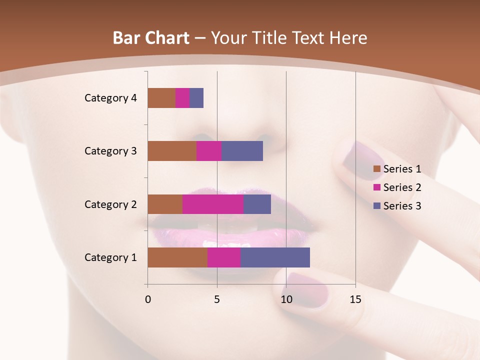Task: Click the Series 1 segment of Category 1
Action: (177, 257)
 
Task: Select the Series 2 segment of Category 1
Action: (224, 257)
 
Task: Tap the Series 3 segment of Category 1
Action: (275, 257)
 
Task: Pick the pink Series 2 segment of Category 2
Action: (213, 204)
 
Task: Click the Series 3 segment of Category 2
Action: (257, 204)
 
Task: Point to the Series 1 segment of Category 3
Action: (172, 151)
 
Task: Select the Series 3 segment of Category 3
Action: (242, 151)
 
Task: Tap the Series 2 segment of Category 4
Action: (182, 98)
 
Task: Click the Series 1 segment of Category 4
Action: (161, 98)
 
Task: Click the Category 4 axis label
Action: (110, 98)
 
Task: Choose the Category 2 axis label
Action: (110, 204)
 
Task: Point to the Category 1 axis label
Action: (110, 257)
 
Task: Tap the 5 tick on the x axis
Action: (217, 299)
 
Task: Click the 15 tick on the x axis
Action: (355, 299)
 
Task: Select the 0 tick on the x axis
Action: (148, 299)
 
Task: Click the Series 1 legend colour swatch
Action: (376, 169)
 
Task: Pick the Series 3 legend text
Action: (402, 206)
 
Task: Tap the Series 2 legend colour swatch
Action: (376, 188)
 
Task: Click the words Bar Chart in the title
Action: (150, 38)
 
